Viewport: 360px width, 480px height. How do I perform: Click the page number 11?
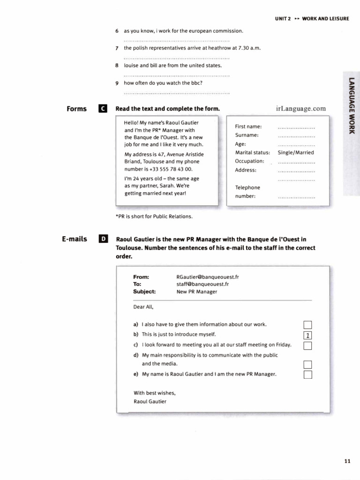(x=347, y=461)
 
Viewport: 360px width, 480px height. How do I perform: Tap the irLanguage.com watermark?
(x=301, y=109)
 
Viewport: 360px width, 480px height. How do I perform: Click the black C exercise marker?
(x=103, y=109)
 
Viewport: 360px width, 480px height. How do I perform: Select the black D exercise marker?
(x=103, y=239)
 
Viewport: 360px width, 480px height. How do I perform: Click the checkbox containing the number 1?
(x=307, y=335)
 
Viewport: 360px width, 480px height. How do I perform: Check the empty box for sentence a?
(x=307, y=325)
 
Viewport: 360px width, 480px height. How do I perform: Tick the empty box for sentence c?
(x=307, y=346)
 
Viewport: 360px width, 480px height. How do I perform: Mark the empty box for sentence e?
(x=307, y=375)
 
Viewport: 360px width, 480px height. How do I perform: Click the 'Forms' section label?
(x=77, y=109)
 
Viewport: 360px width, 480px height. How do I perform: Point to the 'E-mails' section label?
(x=75, y=239)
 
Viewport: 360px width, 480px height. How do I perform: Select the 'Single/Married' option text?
(x=296, y=152)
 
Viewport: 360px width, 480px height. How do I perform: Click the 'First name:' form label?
(x=248, y=127)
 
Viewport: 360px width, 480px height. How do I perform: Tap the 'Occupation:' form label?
(x=249, y=161)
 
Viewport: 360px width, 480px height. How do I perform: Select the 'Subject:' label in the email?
(x=144, y=291)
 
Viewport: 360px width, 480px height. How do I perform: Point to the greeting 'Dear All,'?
(x=143, y=307)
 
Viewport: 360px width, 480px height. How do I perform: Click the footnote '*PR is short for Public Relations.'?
(x=154, y=217)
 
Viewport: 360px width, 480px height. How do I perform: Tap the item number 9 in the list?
(x=117, y=83)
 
